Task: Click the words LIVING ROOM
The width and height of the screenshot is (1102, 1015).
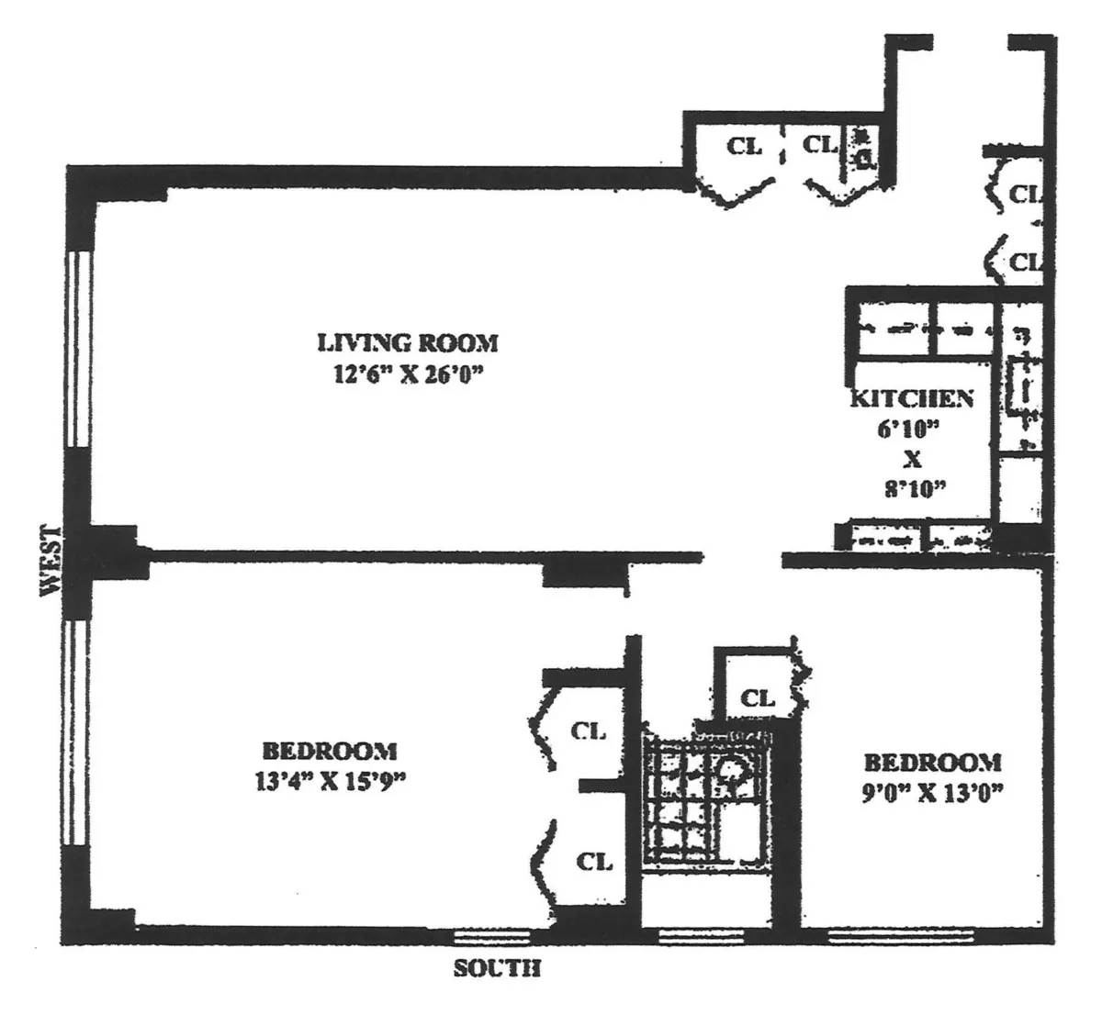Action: click(408, 343)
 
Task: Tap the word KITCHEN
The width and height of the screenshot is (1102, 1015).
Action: click(911, 398)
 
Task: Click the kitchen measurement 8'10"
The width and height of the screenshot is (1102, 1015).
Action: click(913, 488)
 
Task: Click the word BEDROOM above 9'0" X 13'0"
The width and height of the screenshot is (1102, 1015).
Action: click(932, 762)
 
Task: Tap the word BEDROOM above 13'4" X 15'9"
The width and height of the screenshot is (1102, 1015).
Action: click(330, 751)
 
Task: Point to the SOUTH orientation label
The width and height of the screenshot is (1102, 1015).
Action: click(497, 969)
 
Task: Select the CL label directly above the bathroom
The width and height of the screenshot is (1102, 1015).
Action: click(758, 698)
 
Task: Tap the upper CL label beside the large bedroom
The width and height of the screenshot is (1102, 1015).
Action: click(589, 731)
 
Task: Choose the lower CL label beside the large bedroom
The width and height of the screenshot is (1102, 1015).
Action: click(594, 862)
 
